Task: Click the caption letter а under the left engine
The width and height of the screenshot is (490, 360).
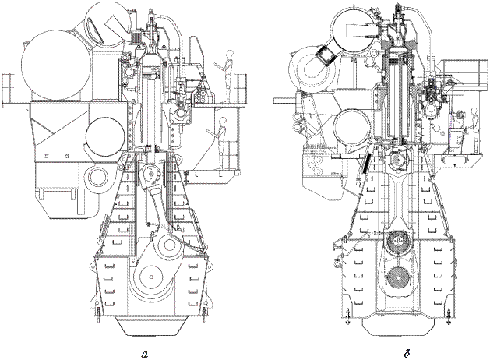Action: pos(144,355)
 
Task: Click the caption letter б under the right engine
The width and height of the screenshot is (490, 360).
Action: pos(407,353)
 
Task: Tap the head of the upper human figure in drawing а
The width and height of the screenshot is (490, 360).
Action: pos(231,54)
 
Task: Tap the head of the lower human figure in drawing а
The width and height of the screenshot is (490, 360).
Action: pos(223,121)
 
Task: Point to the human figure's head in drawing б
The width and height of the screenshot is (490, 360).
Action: pos(474,111)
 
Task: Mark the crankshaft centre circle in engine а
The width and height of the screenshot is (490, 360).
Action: pos(151,277)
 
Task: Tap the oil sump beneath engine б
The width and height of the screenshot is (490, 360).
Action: pos(398,327)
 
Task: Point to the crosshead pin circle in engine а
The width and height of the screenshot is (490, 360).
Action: pos(151,174)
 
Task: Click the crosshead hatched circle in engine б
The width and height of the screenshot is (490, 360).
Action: pos(397,160)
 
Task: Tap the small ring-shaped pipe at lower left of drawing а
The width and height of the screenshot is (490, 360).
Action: pos(97,178)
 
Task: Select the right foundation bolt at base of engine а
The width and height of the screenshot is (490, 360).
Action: pos(205,315)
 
